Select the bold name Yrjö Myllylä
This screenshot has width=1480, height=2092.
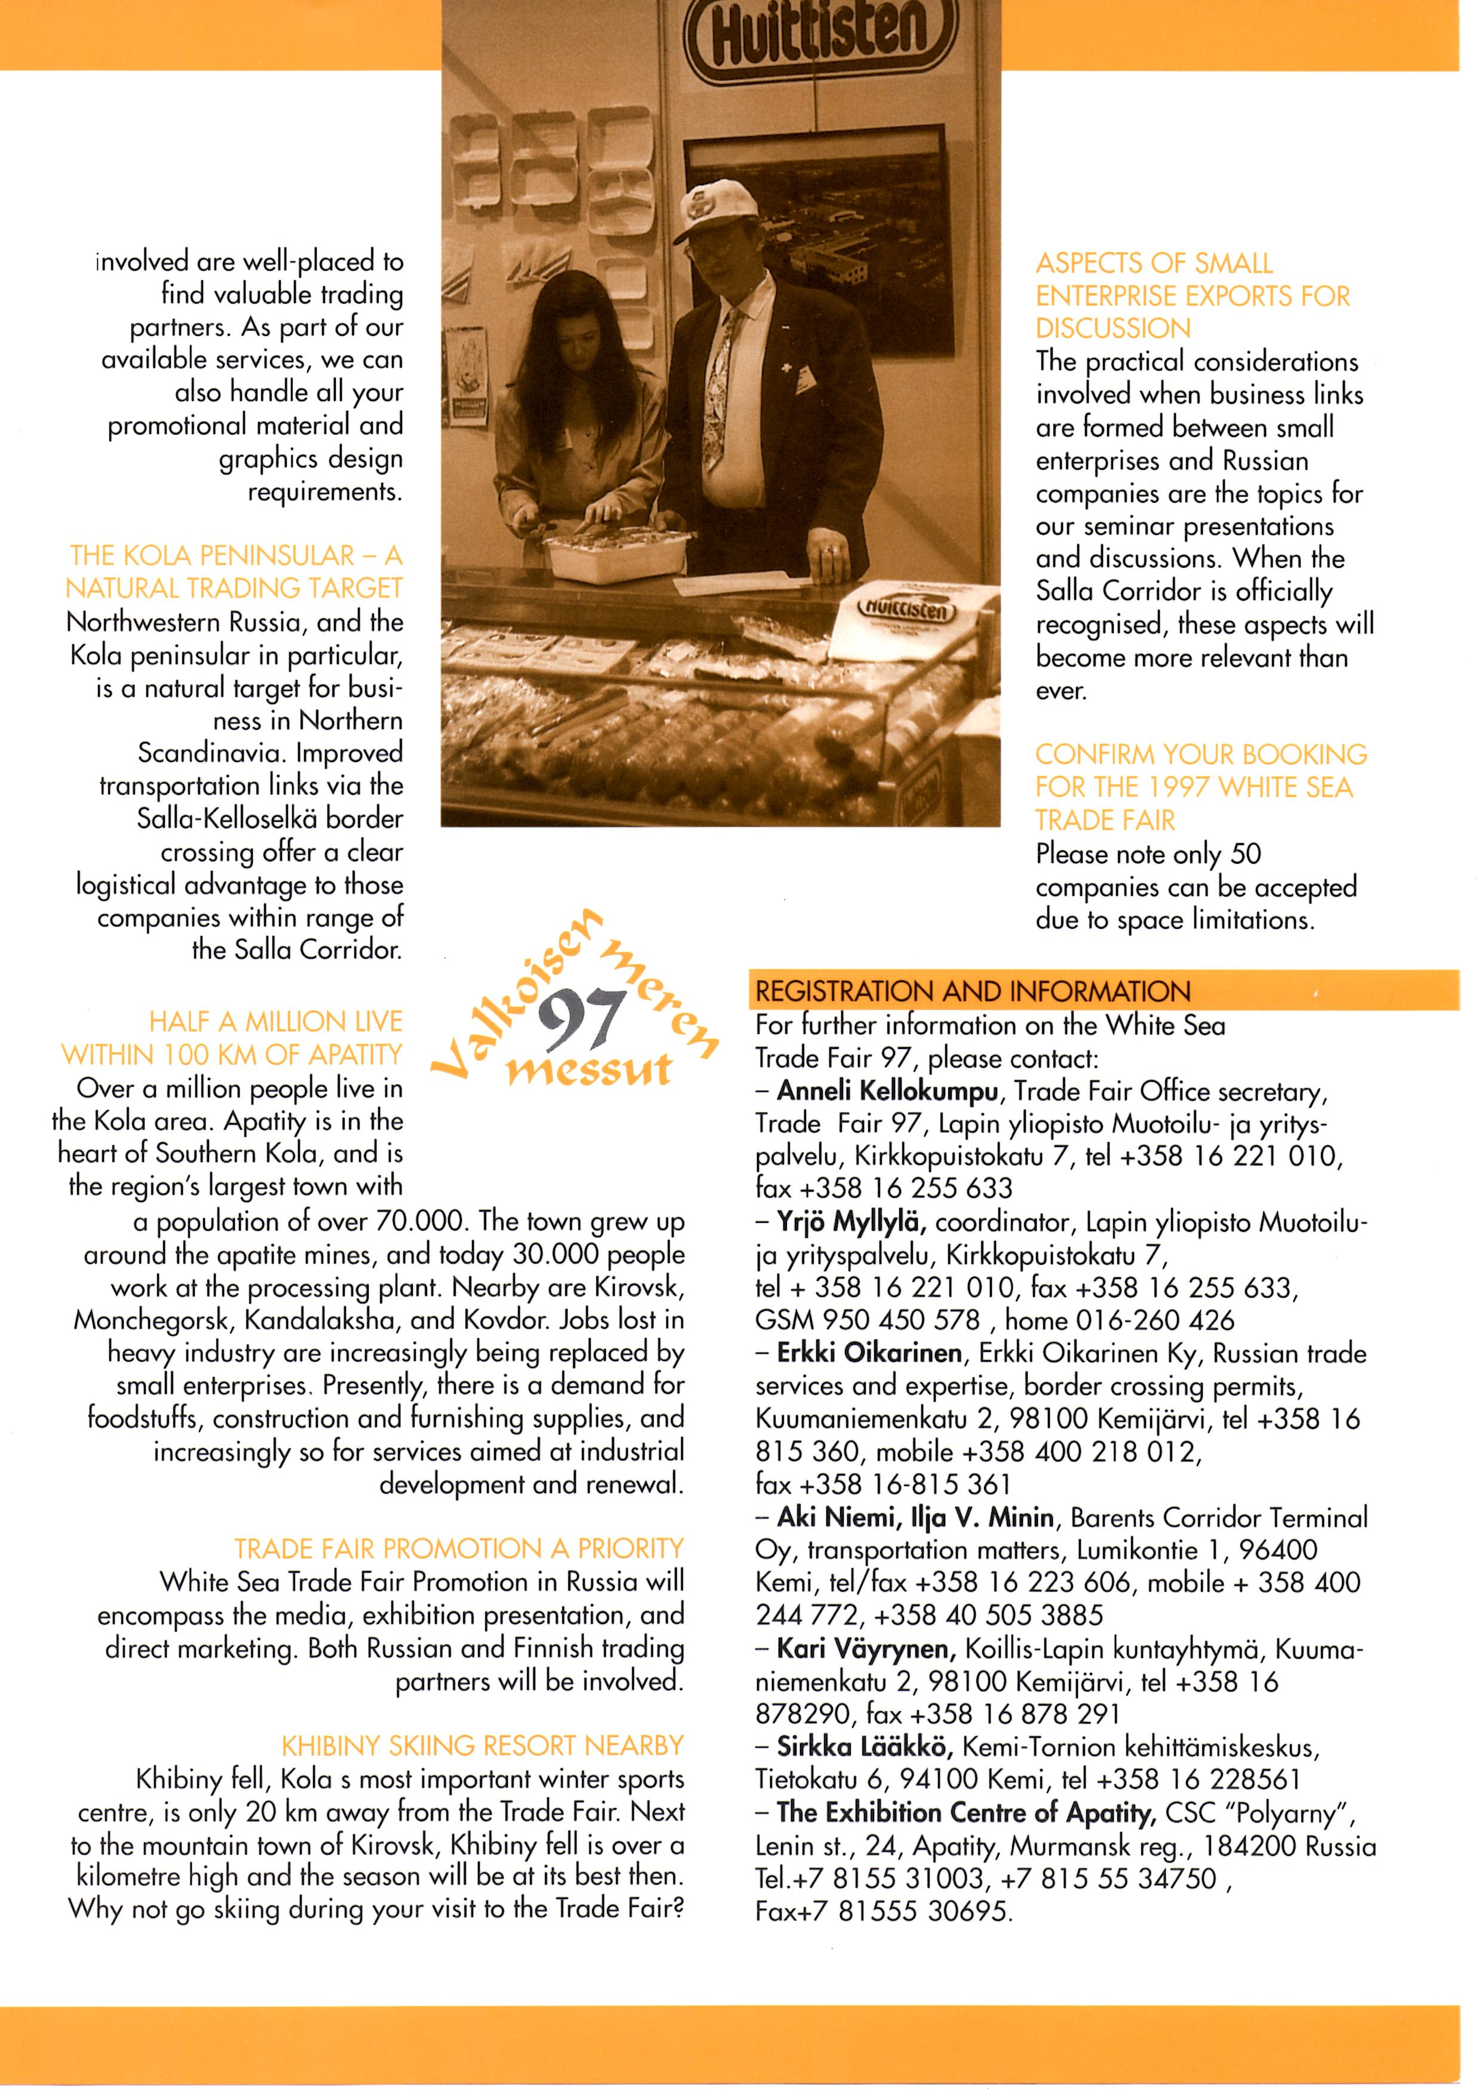point(851,1222)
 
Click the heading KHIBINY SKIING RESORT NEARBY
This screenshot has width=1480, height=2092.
point(482,1745)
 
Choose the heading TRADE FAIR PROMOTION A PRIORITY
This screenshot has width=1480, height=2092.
point(458,1548)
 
